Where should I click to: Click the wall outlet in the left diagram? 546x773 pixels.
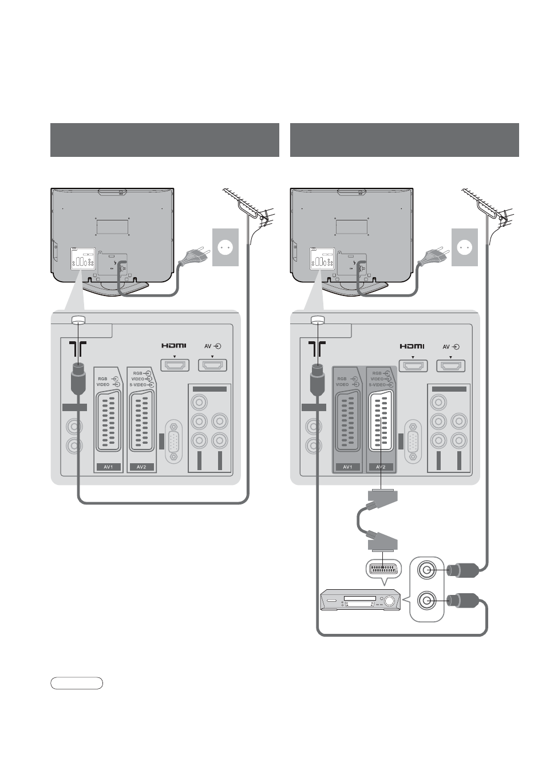[x=225, y=247]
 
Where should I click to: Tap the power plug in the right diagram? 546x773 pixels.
[x=433, y=256]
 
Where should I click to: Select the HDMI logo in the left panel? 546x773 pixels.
[x=174, y=345]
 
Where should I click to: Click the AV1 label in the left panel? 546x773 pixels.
[x=108, y=467]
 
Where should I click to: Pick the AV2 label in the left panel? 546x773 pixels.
[x=141, y=467]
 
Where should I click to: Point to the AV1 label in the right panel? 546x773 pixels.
[x=347, y=467]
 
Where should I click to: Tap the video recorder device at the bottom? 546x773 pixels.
[x=360, y=600]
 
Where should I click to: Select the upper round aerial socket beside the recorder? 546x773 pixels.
[x=427, y=570]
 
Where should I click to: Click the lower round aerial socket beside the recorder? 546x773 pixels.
[x=427, y=601]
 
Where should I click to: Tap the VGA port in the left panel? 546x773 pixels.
[x=174, y=441]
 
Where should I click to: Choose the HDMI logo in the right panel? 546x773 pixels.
[x=412, y=346]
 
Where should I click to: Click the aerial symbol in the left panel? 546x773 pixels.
[x=77, y=349]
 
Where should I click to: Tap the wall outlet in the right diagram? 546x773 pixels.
[x=465, y=247]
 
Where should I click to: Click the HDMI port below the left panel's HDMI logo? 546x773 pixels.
[x=175, y=365]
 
